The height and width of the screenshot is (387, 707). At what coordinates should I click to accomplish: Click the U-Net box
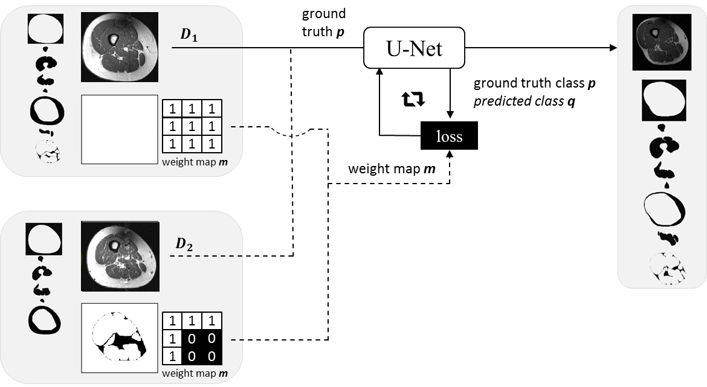(x=414, y=48)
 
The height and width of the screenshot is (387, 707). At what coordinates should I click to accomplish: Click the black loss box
(x=449, y=136)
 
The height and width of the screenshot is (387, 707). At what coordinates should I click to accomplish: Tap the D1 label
(x=189, y=34)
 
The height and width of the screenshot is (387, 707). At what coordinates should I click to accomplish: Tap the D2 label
(x=184, y=244)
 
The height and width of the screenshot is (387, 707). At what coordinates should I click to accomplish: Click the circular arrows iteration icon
(x=413, y=98)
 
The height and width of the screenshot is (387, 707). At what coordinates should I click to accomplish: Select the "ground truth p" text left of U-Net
(x=324, y=22)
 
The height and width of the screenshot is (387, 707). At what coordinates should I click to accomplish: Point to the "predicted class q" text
(x=525, y=101)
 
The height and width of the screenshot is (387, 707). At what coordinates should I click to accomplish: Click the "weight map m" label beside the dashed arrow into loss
(x=392, y=169)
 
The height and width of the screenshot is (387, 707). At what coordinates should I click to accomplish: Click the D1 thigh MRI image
(x=120, y=47)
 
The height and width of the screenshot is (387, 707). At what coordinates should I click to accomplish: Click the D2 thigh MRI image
(x=120, y=257)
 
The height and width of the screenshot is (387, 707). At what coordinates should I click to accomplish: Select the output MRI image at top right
(x=662, y=42)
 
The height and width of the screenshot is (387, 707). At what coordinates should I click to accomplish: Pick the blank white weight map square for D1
(x=120, y=129)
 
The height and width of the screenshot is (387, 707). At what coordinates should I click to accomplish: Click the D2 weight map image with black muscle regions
(x=120, y=338)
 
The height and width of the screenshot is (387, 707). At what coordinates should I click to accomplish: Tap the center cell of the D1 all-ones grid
(x=192, y=126)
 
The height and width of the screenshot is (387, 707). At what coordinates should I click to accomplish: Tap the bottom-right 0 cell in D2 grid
(x=212, y=356)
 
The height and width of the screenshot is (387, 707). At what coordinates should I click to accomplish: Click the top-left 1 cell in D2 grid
(x=172, y=321)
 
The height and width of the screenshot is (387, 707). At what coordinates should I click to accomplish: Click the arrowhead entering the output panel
(x=613, y=48)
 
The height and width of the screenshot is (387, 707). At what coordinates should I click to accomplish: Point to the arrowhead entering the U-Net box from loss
(x=379, y=72)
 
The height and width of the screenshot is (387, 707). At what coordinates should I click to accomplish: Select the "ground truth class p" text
(x=534, y=83)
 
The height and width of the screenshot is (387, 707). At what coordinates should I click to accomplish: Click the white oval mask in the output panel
(x=663, y=100)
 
